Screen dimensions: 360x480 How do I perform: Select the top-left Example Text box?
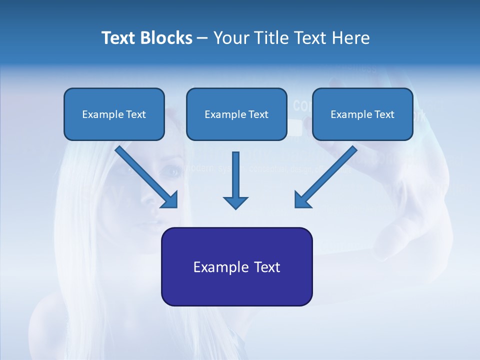pyautogui.click(x=114, y=114)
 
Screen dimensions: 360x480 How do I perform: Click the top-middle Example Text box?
pyautogui.click(x=236, y=114)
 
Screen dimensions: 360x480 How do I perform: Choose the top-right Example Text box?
pyautogui.click(x=362, y=114)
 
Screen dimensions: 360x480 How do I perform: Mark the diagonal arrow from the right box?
pyautogui.click(x=325, y=177)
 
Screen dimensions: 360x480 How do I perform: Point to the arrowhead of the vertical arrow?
pyautogui.click(x=235, y=202)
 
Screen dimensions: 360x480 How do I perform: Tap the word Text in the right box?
pyautogui.click(x=384, y=114)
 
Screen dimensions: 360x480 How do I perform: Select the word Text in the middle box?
pyautogui.click(x=258, y=114)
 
